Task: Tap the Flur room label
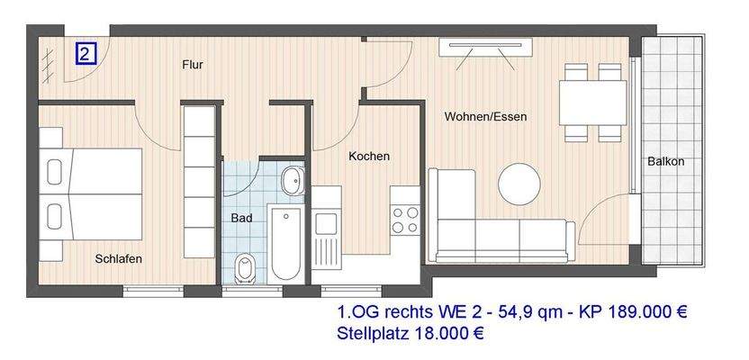click(192, 65)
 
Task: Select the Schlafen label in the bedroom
click(118, 259)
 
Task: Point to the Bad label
click(241, 218)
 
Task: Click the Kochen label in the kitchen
click(369, 157)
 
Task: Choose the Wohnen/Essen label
click(485, 117)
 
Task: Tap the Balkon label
click(666, 162)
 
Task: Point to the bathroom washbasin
click(293, 181)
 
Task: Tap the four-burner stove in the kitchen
click(405, 219)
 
